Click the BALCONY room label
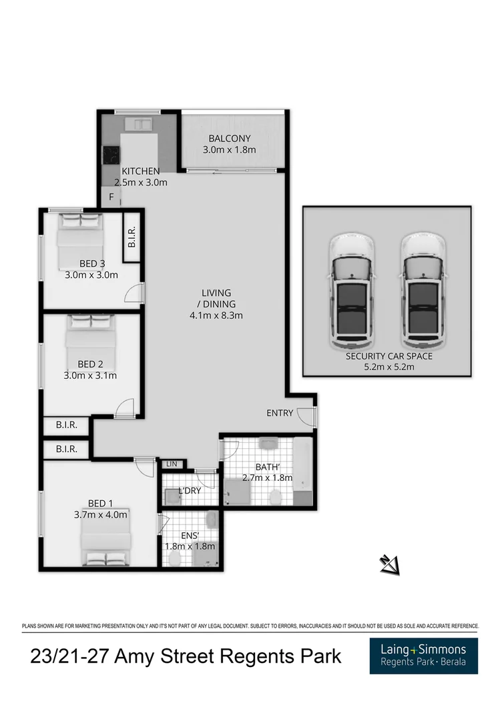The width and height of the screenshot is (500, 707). [229, 138]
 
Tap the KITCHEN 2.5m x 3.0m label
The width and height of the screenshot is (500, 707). [140, 177]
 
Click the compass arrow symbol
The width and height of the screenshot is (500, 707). [389, 565]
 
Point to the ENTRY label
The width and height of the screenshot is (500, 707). [279, 413]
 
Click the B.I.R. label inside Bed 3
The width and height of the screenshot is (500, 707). [132, 237]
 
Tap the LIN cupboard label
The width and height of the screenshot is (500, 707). [171, 464]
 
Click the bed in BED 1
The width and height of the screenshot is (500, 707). [105, 542]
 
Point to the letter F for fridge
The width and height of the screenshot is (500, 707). [111, 197]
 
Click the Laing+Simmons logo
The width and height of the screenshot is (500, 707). [423, 655]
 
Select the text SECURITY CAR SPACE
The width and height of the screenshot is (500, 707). [389, 356]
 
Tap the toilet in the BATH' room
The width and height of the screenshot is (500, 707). [275, 497]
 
